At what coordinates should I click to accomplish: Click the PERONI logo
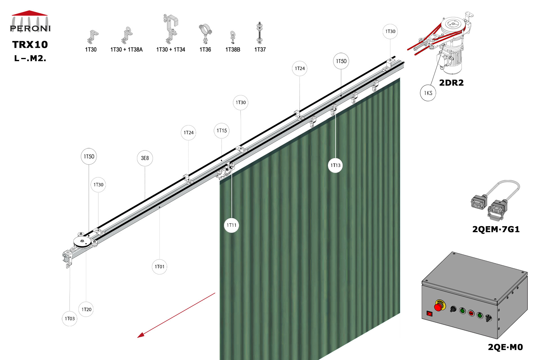point(30,22)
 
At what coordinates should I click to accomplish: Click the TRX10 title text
point(30,44)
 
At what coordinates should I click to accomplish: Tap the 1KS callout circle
point(428,93)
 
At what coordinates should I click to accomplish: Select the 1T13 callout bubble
point(335,165)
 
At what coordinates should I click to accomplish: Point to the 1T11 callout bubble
point(231,225)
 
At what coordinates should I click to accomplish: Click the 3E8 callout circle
point(145,158)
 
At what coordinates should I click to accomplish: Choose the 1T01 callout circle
point(159,267)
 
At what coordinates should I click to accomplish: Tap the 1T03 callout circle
point(70,318)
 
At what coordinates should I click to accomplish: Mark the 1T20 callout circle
point(86,309)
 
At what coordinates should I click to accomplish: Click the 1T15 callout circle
point(222,130)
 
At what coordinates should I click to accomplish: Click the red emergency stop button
point(438,307)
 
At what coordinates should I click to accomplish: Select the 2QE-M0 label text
point(505,347)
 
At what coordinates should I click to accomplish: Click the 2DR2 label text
point(451,83)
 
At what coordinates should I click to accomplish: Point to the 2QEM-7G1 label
point(496,229)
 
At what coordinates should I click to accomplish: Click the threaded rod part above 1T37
point(260,33)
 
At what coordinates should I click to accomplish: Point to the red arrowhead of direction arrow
point(141,335)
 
